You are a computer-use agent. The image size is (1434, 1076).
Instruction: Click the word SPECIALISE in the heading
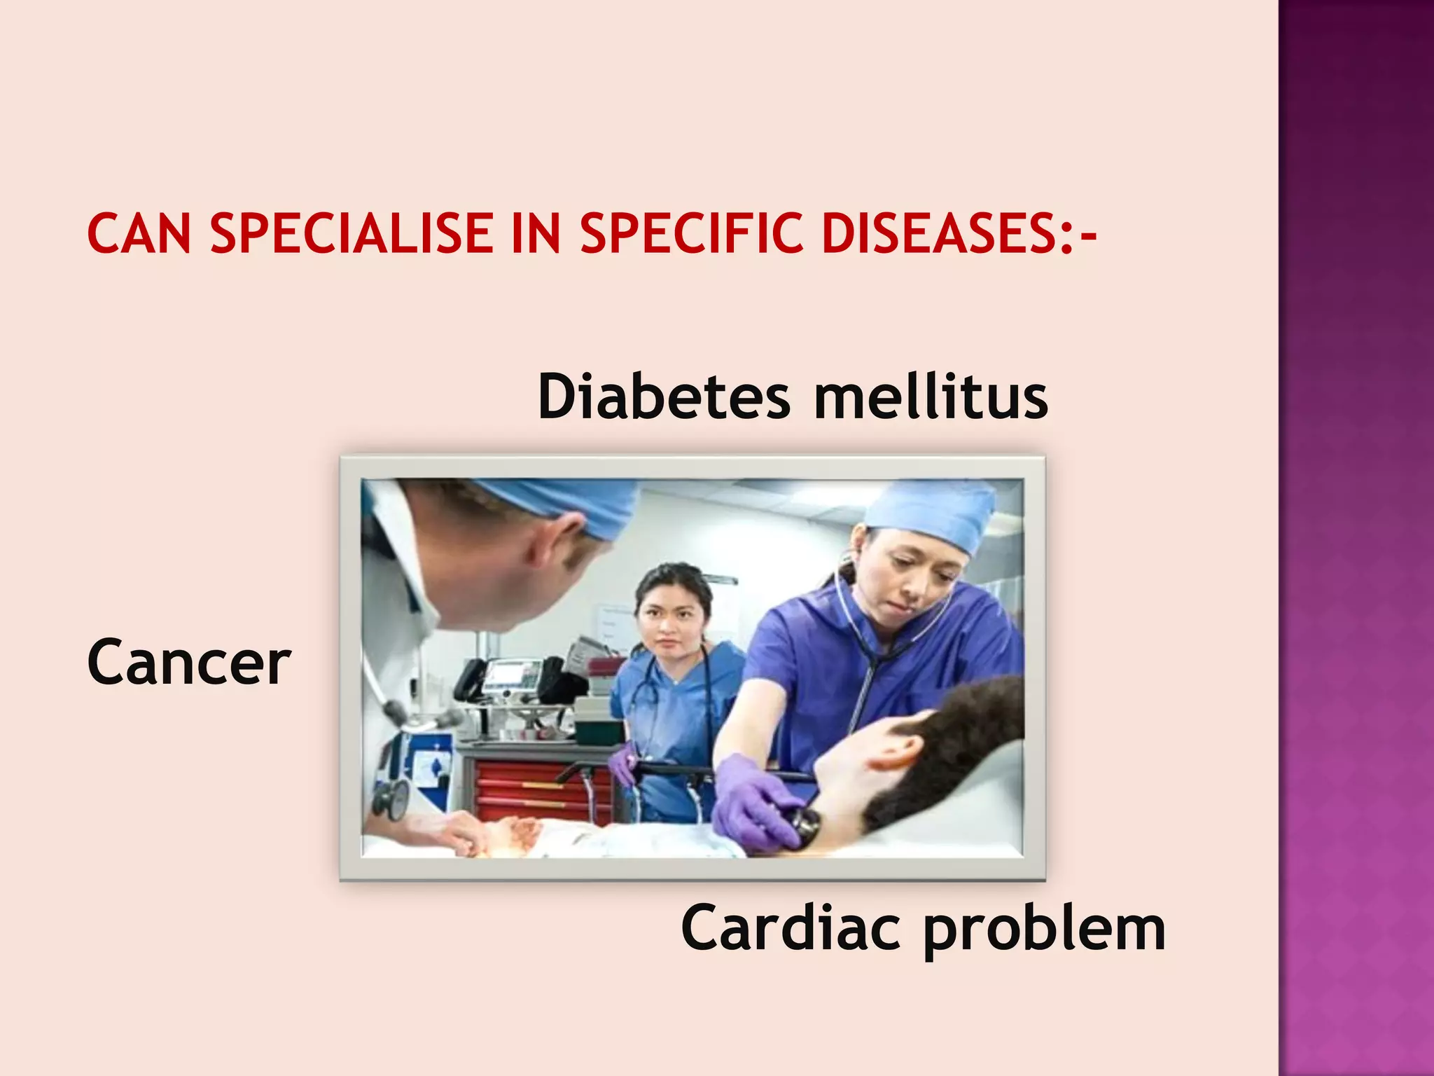tap(351, 233)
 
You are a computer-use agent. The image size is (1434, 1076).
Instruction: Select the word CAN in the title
tap(139, 233)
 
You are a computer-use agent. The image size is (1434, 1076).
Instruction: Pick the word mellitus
tap(931, 396)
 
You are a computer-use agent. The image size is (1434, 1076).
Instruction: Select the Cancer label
tap(189, 663)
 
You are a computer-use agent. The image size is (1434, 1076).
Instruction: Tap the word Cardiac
tap(791, 927)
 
